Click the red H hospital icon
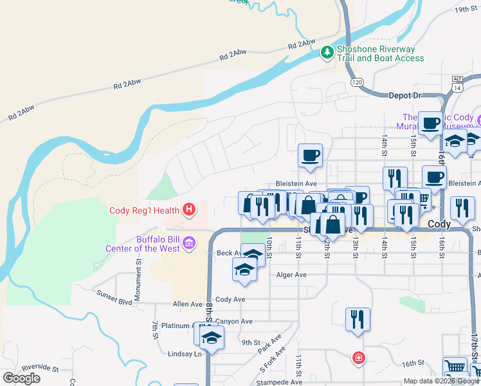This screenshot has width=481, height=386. coord(189,209)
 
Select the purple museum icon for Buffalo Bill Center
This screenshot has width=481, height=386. coord(189,243)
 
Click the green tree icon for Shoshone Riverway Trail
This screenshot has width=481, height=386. coord(328,51)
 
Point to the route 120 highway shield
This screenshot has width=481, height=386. coord(358,82)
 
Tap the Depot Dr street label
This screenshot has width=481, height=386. coord(404,95)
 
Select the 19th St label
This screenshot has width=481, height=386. coord(467,10)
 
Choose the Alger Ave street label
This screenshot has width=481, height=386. coord(291,275)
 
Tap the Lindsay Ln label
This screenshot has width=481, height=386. coord(185,354)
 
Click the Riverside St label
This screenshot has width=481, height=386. coord(38,369)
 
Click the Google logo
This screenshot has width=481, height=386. coord(21,378)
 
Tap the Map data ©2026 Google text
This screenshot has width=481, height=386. coord(441,381)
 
